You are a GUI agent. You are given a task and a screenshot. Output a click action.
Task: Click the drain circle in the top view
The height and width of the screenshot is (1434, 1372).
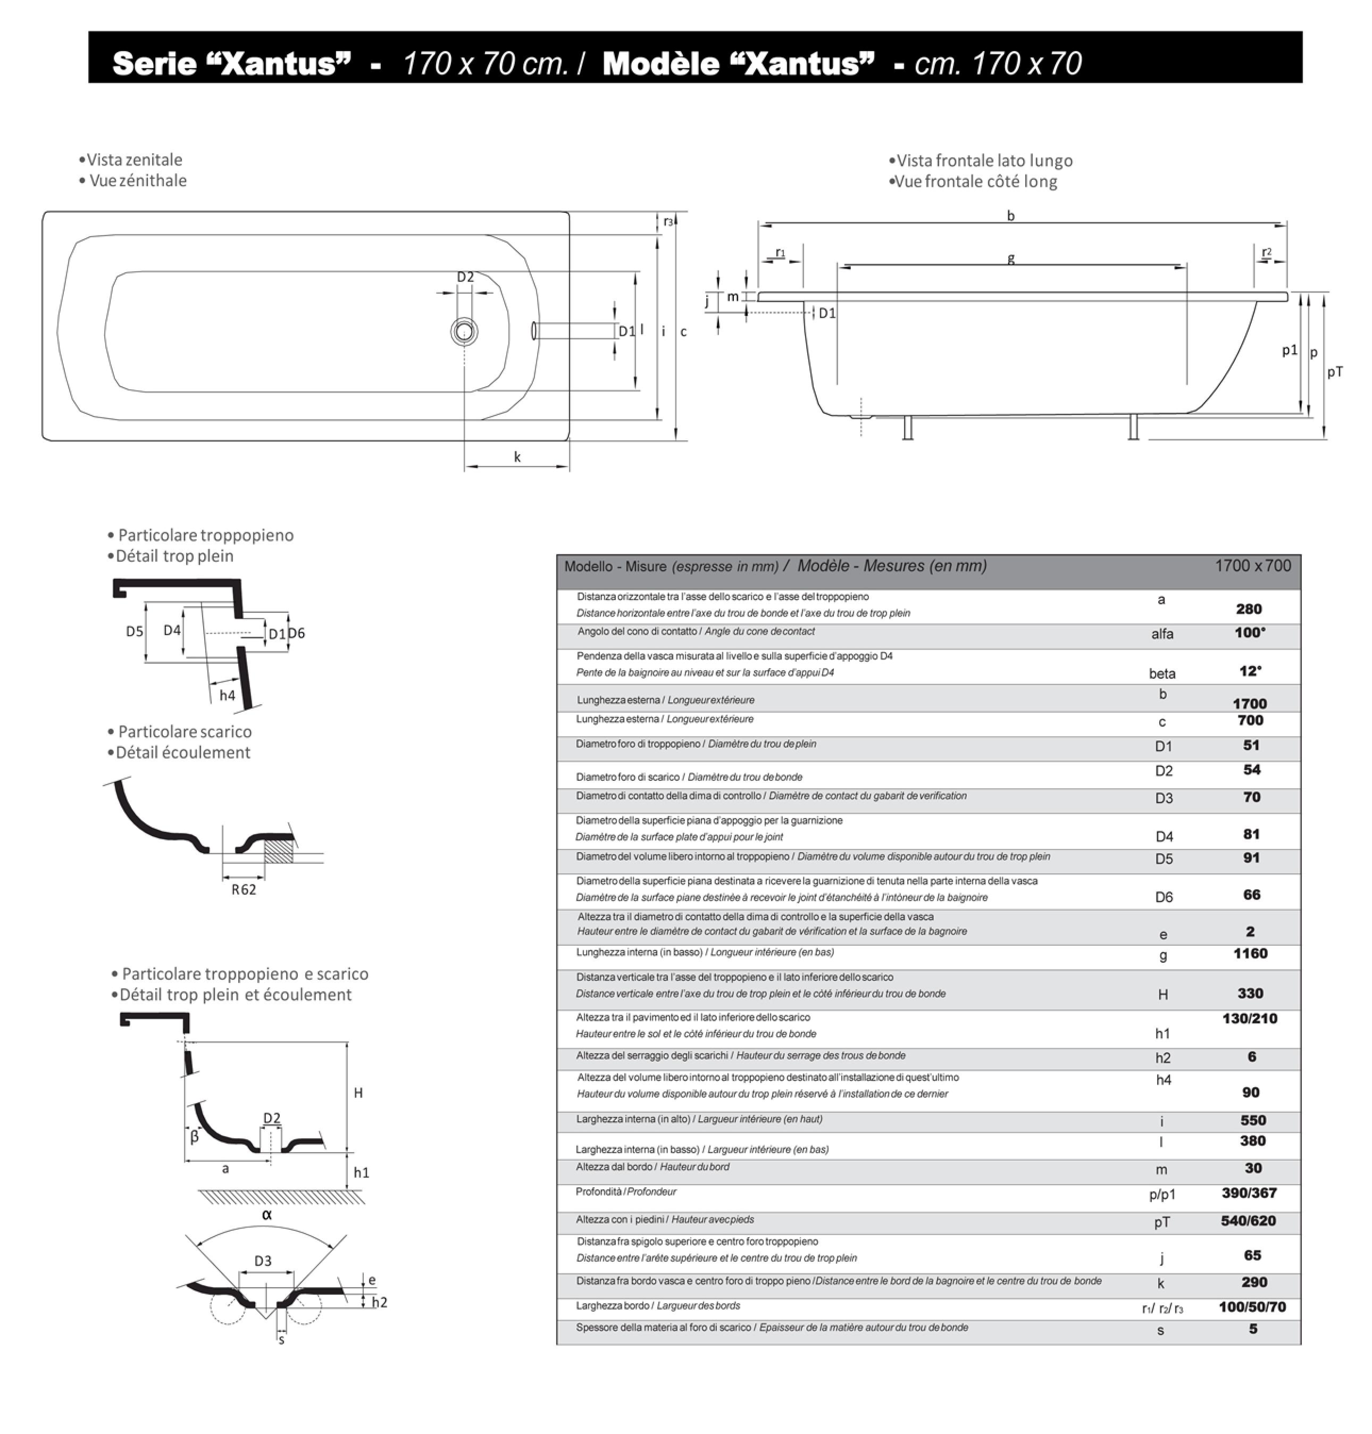coord(463,332)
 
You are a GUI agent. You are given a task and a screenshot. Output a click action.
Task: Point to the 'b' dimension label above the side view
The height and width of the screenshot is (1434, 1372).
coord(1011,216)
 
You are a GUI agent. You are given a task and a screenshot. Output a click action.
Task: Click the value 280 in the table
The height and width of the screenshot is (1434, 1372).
coord(1249,608)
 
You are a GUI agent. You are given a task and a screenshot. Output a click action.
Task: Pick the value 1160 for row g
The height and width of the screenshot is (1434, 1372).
coord(1250,953)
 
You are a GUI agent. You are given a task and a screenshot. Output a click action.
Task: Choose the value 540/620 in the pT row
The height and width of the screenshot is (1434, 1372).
coord(1249,1220)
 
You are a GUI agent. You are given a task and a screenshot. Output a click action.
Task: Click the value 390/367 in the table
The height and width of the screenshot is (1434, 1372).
coord(1249,1193)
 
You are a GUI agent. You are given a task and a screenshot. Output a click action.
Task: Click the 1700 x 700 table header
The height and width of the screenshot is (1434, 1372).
coord(1253,565)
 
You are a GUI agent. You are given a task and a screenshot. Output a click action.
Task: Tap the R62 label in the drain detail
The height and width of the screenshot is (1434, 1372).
coord(244,890)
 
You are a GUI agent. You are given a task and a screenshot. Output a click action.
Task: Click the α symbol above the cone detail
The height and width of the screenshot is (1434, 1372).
coord(267,1214)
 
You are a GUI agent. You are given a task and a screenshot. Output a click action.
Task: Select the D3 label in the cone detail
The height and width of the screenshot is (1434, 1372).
coord(263,1261)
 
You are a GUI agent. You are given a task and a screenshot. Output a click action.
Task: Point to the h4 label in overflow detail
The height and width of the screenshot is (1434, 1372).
coord(228,695)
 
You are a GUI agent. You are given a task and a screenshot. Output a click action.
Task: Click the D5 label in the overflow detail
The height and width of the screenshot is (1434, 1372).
coord(135,631)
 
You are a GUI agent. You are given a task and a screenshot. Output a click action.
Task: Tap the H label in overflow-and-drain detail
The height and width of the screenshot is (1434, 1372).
coord(358,1093)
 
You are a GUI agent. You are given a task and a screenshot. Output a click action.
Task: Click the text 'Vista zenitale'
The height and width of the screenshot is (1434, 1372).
coord(134,160)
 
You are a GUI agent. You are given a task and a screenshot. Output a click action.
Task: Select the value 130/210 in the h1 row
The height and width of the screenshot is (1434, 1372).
coord(1249,1019)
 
